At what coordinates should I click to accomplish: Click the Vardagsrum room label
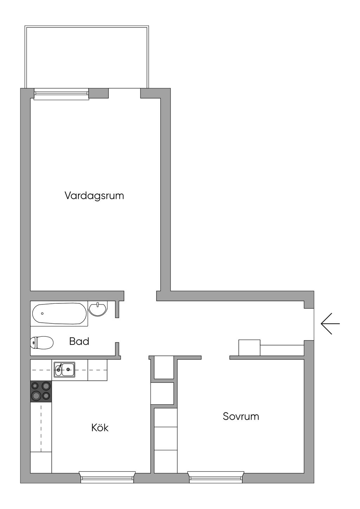[94, 195]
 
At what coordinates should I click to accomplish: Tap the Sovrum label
[241, 416]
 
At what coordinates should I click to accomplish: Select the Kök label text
[100, 428]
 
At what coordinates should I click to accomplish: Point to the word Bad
[79, 341]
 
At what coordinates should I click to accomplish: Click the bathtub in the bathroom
[59, 314]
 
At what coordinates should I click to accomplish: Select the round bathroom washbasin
[98, 309]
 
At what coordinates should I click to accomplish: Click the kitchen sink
[64, 369]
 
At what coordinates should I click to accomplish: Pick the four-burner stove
[41, 391]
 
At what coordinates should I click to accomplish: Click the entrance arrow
[330, 323]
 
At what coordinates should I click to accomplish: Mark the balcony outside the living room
[87, 56]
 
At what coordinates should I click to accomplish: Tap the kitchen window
[107, 477]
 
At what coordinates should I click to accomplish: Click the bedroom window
[216, 477]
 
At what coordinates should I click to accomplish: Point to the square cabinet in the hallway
[249, 348]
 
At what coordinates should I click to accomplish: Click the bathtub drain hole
[43, 313]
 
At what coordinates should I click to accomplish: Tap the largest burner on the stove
[36, 396]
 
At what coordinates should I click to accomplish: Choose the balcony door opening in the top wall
[124, 93]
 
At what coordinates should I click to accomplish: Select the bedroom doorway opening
[215, 357]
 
